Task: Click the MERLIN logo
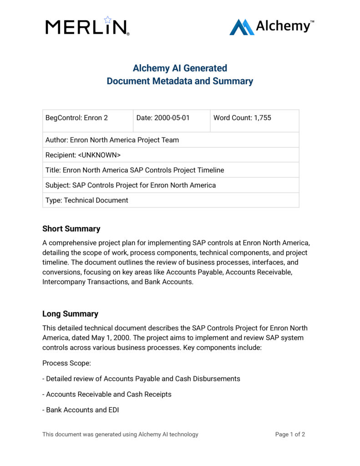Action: tap(87, 27)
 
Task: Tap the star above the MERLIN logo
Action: tap(107, 20)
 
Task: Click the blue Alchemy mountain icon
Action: tap(241, 27)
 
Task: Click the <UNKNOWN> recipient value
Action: tap(99, 155)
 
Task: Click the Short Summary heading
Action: tap(71, 229)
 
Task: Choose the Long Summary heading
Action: tap(70, 314)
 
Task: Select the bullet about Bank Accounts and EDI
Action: tap(81, 410)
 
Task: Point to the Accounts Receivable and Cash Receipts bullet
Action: tap(107, 395)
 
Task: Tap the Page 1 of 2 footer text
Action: tap(290, 435)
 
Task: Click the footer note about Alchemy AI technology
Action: tap(120, 435)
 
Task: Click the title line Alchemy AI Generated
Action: tap(180, 68)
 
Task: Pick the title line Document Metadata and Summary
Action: tap(180, 81)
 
